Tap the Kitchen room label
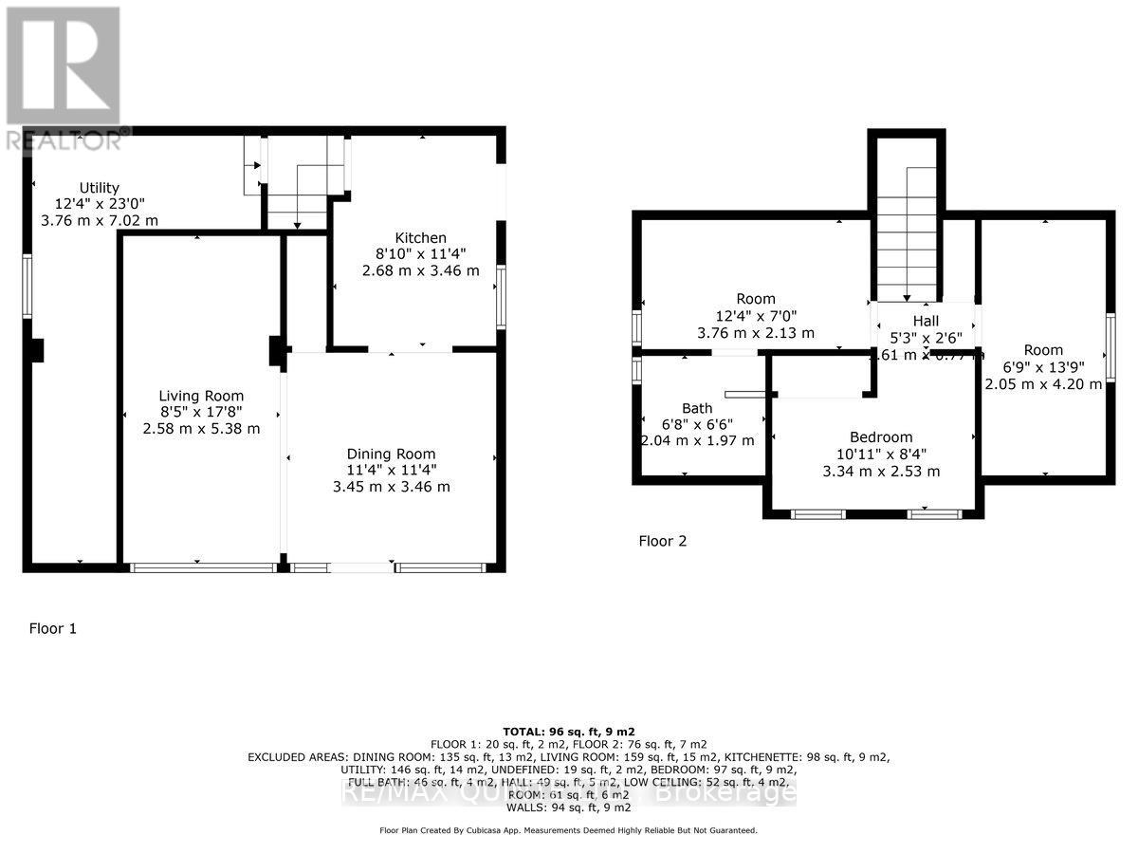click(420, 237)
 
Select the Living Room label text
click(201, 396)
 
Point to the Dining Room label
click(391, 454)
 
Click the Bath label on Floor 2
click(697, 408)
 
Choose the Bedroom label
click(882, 437)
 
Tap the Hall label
click(926, 322)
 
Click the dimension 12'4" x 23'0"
click(99, 204)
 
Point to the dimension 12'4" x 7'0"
click(756, 316)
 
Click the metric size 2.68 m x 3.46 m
click(420, 270)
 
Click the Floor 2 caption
click(662, 542)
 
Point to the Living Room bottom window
click(202, 567)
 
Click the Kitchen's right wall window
click(501, 296)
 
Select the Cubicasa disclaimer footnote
click(568, 830)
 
